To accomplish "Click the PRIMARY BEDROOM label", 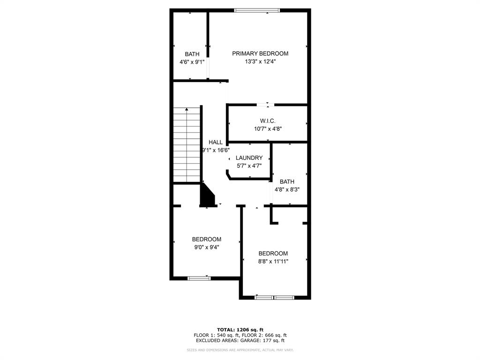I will (x=260, y=53).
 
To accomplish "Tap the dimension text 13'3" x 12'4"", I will (x=260, y=61).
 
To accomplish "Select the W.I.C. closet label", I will (x=268, y=121).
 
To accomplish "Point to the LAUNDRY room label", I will (x=249, y=158).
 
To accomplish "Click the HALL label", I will (x=216, y=142).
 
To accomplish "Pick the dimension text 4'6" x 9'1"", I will (x=192, y=62).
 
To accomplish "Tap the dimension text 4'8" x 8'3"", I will (x=287, y=190).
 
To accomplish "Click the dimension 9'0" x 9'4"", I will (x=206, y=247).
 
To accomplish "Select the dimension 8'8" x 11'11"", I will (x=273, y=262).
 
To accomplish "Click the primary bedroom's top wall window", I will (x=257, y=10).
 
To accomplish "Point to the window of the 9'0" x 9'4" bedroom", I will (x=199, y=278).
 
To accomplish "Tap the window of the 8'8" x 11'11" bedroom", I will (x=275, y=297).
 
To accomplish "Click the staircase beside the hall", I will (x=187, y=145).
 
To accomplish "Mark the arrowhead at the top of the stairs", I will (x=187, y=109).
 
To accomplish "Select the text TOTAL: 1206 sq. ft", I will (x=240, y=330).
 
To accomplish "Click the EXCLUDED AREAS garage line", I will (x=240, y=341).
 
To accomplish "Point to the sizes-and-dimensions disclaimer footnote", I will (x=240, y=350).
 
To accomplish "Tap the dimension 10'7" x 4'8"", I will (x=268, y=129).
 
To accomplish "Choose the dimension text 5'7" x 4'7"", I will (x=249, y=165).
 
